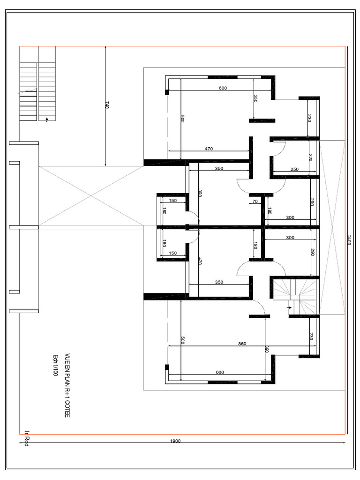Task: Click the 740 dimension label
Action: point(107,106)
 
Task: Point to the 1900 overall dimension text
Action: point(175,441)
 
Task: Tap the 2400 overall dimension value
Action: point(349,240)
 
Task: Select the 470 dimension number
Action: point(209,149)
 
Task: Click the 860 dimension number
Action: point(242,344)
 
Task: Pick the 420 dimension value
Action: point(200,261)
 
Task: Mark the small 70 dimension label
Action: point(255,202)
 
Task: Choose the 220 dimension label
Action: point(310,157)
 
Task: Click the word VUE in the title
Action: point(67,359)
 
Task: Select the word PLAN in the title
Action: point(67,381)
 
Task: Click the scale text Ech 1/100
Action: point(56,365)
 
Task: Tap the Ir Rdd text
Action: point(27,439)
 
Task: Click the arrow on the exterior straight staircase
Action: point(47,120)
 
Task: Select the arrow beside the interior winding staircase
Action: point(290,307)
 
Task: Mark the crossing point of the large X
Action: point(91,195)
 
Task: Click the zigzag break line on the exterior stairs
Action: point(29,90)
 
